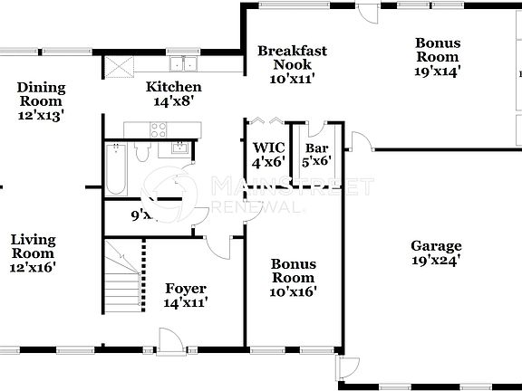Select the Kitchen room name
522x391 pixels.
(x=174, y=88)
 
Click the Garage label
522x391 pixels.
(x=436, y=245)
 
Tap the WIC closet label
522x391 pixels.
(x=268, y=148)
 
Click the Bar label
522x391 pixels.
(x=316, y=148)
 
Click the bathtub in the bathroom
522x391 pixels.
(x=115, y=169)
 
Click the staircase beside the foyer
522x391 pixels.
(x=122, y=276)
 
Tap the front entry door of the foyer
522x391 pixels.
(x=167, y=342)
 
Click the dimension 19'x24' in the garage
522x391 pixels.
(x=436, y=261)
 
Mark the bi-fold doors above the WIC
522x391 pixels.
(x=268, y=119)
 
